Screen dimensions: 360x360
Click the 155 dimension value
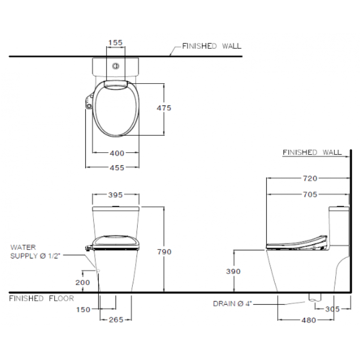pos(115,42)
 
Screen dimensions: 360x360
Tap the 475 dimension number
pos(164,108)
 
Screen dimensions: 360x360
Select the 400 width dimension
pos(117,153)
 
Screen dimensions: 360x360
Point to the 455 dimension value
pos(117,168)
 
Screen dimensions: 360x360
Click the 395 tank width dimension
pos(115,195)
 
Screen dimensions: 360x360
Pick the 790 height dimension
pos(164,252)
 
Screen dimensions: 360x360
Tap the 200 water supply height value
pos(83,282)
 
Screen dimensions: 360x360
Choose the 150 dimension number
pos(83,309)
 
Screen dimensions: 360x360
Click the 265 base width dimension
pos(116,320)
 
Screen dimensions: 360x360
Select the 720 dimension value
pos(310,178)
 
